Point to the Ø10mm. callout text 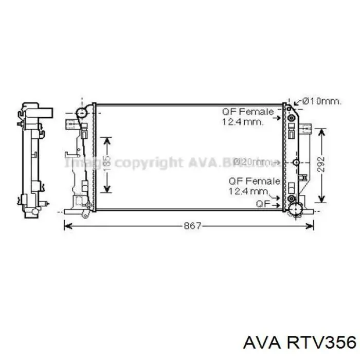click(321, 102)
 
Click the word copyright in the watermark click(149, 163)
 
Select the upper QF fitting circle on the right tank click(292, 118)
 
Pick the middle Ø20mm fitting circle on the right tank click(295, 163)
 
